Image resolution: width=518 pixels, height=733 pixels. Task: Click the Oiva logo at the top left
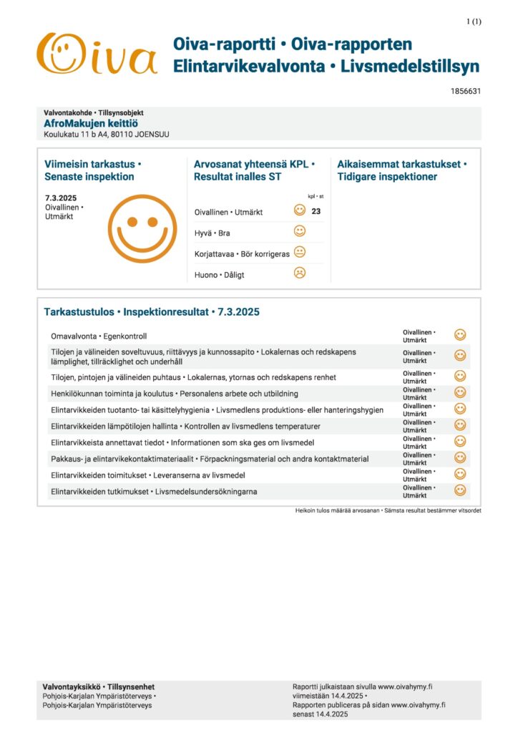point(97,54)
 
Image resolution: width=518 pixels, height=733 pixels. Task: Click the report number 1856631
point(466,91)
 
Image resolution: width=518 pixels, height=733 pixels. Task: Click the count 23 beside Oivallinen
point(316,211)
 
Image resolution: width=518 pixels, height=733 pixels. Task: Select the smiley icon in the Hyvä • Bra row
point(300,231)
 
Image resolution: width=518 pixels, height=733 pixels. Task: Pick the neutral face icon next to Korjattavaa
point(300,252)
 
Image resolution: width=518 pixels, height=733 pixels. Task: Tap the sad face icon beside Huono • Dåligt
point(300,273)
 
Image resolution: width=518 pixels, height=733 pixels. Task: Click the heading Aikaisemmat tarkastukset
point(401,164)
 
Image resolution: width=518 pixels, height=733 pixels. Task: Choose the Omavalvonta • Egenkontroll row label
point(99,336)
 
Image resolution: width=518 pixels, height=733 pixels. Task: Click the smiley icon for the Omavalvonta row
point(460,335)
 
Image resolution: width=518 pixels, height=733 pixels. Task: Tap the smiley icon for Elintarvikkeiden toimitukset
point(460,474)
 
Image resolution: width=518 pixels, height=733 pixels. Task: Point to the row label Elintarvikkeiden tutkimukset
point(154,491)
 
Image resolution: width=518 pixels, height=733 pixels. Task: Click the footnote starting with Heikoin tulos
point(388,510)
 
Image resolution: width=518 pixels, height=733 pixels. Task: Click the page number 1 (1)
point(474,21)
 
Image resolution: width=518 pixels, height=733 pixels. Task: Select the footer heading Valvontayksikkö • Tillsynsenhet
point(99,686)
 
